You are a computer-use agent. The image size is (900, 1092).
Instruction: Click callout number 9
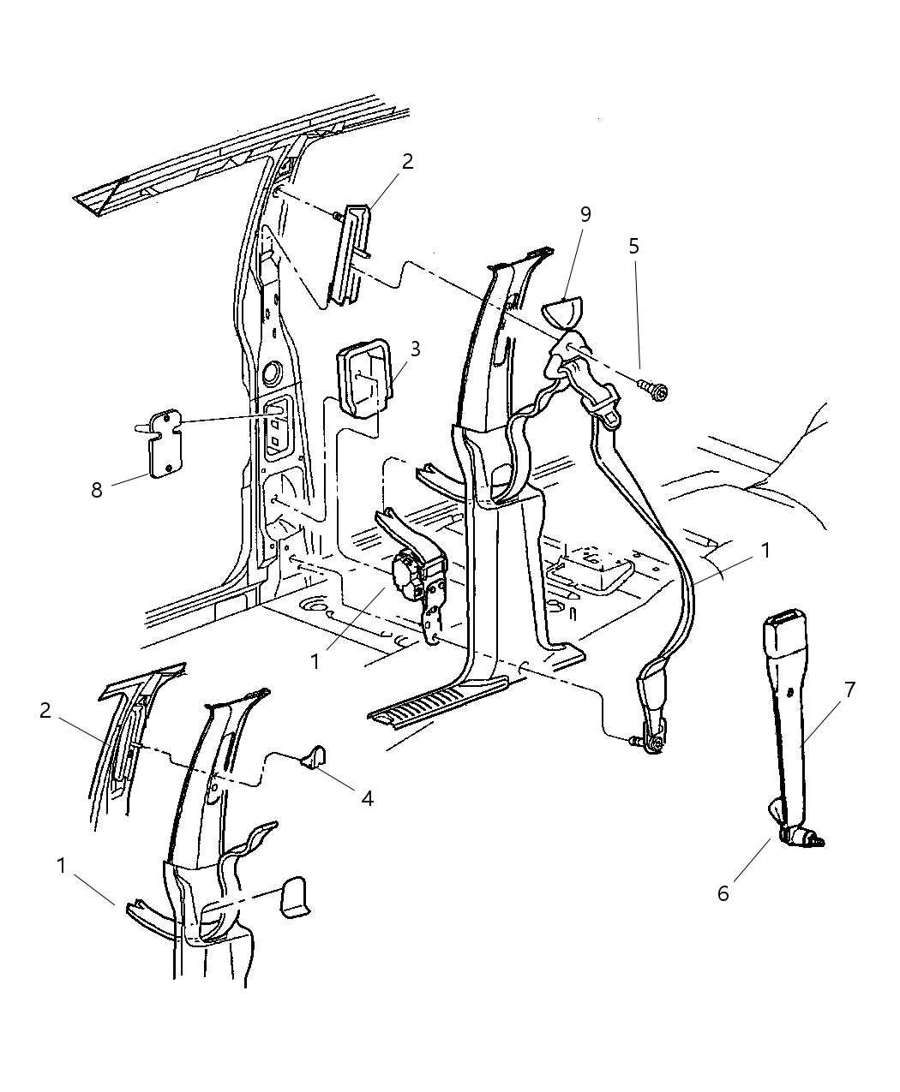pos(585,214)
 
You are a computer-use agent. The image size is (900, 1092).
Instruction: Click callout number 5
pos(633,247)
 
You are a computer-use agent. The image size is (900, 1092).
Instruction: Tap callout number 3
pos(415,349)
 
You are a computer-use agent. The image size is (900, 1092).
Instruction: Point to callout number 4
pos(367,798)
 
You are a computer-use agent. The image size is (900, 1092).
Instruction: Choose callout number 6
pos(723,893)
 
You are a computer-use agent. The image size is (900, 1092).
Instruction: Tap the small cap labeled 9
pos(563,310)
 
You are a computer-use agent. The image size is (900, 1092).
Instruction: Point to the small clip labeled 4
pos(315,755)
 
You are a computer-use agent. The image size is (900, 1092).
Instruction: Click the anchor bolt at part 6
pos(806,838)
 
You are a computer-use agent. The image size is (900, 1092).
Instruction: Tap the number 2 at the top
pos(408,161)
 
